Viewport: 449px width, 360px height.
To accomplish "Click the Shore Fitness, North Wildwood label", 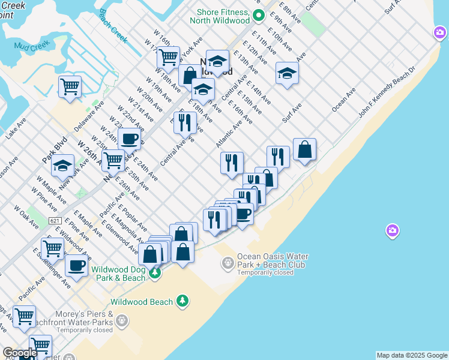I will tap(220, 16).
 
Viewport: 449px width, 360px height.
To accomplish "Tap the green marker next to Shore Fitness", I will tap(259, 15).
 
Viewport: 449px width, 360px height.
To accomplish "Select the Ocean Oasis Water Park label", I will tap(271, 260).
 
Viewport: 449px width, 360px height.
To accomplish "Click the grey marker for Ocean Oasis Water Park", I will tap(228, 262).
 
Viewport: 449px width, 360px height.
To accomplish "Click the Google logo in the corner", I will tap(19, 353).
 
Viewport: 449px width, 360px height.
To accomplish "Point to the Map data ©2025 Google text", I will tap(412, 355).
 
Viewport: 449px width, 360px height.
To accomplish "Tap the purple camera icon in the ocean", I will tap(392, 230).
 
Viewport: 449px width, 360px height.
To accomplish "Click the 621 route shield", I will tap(55, 221).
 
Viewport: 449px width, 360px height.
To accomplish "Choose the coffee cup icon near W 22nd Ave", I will tap(129, 139).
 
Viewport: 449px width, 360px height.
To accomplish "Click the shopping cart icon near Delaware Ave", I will tap(70, 86).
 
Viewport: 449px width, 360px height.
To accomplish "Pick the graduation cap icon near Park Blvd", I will tap(63, 166).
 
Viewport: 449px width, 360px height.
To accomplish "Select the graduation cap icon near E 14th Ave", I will tap(287, 74).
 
